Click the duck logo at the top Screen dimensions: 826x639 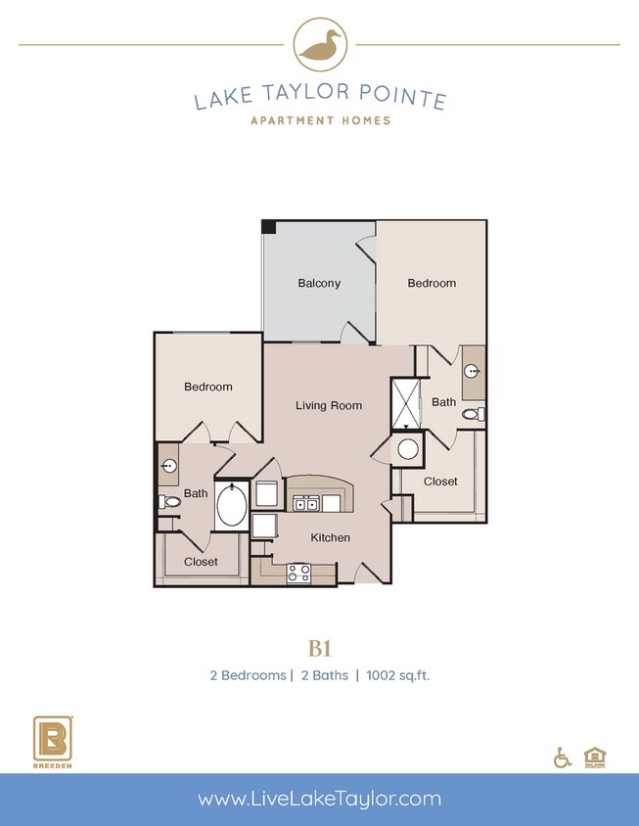click(x=319, y=45)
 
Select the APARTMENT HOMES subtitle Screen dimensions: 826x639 click(x=319, y=120)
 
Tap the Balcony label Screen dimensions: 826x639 click(x=319, y=284)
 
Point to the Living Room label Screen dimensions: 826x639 click(x=329, y=405)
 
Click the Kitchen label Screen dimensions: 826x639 click(x=330, y=537)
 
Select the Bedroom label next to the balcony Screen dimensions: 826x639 click(x=432, y=283)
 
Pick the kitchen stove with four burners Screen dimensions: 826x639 click(x=298, y=574)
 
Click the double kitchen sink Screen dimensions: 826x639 click(x=307, y=503)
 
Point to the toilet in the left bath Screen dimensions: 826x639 click(x=168, y=502)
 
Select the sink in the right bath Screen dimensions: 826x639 click(x=474, y=371)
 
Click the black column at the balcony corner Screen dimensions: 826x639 click(x=268, y=226)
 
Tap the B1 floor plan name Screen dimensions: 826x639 click(x=319, y=648)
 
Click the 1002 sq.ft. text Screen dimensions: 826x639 click(x=398, y=675)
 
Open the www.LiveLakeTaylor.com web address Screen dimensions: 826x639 click(x=319, y=799)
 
